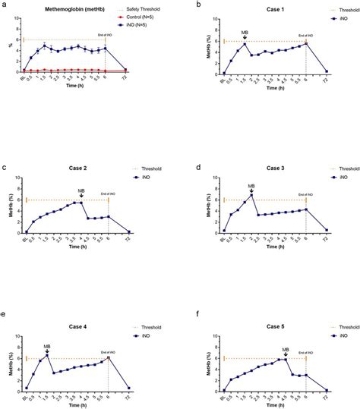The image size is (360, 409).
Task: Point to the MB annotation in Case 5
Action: click(286, 349)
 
